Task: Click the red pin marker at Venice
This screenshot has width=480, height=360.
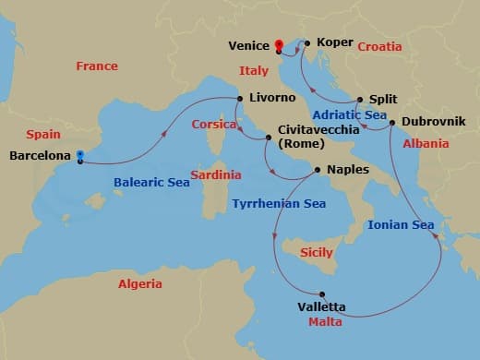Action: (x=279, y=44)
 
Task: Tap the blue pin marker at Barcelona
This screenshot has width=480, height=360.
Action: (x=81, y=156)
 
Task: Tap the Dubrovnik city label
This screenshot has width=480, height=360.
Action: (x=433, y=122)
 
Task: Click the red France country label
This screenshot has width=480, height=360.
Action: (x=97, y=66)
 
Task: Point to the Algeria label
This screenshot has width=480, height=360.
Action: (x=140, y=284)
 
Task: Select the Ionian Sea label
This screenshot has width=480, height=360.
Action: (x=401, y=224)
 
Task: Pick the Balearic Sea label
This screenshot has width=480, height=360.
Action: (x=151, y=183)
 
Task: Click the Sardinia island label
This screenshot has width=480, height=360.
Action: (x=216, y=174)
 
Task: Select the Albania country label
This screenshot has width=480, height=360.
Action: (x=426, y=143)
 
